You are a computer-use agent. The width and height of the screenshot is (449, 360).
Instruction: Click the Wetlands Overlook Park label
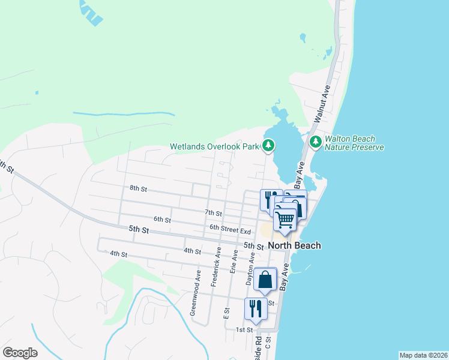(214, 146)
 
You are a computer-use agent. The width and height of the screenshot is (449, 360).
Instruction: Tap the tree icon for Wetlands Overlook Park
(268, 145)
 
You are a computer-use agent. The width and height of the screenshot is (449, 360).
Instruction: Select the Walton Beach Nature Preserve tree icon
(315, 142)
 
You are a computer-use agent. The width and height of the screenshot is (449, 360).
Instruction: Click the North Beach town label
(294, 245)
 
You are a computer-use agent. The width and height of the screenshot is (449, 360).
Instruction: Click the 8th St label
(138, 188)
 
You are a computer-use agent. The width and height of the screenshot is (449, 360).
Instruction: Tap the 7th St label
(213, 213)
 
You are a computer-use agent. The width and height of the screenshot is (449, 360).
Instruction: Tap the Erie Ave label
(233, 259)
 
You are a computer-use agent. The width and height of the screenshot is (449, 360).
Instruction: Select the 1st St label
(244, 330)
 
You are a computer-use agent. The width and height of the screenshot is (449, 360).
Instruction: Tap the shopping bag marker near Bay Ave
(265, 280)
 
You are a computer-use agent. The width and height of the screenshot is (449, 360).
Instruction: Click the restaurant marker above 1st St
(255, 308)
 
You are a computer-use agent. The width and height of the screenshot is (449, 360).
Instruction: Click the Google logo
(20, 353)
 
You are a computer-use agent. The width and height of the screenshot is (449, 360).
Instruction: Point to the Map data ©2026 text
(423, 355)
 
